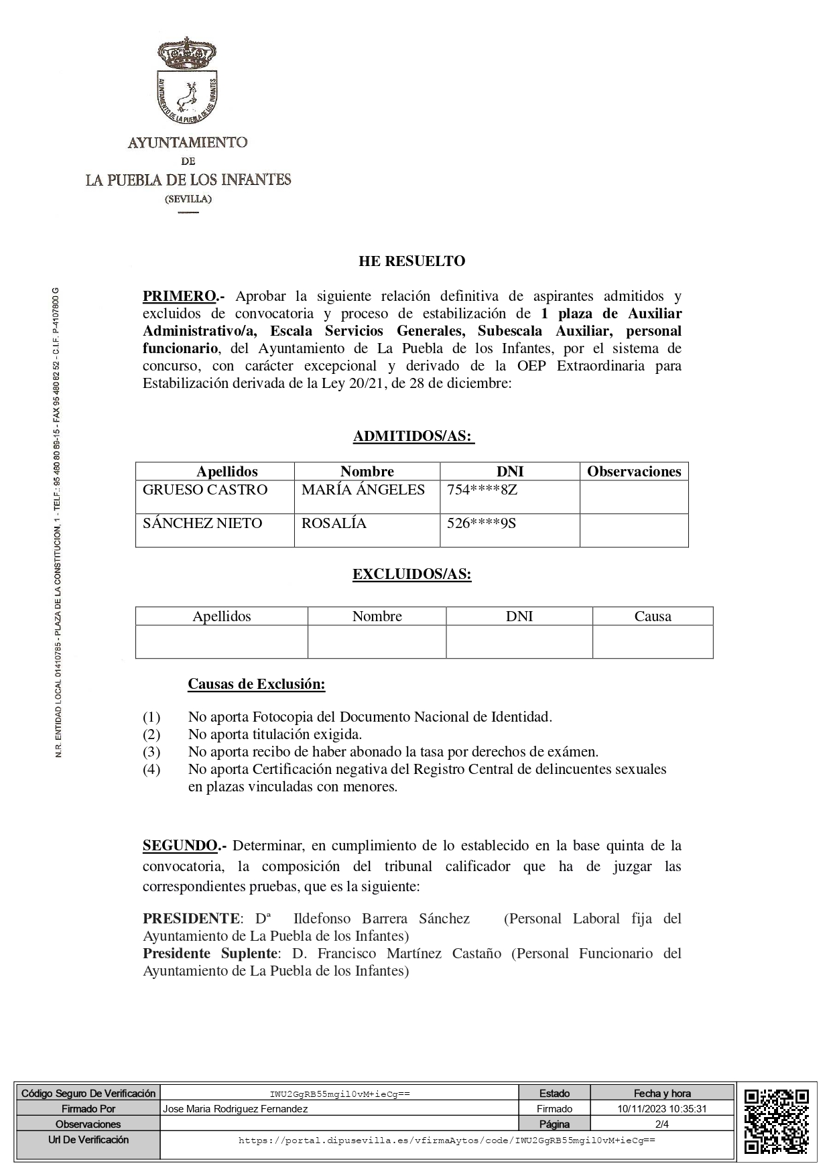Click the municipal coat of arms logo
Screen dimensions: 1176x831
188,80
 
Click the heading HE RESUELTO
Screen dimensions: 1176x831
411,261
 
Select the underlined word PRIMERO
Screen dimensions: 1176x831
179,296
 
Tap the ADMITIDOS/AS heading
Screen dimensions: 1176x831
413,437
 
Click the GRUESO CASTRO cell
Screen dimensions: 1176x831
205,490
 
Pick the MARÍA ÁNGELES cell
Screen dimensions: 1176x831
363,490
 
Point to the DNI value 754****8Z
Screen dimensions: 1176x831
483,490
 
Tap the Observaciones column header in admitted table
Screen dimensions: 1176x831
634,472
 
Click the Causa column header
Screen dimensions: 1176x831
653,616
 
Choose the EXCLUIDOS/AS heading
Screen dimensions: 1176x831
412,575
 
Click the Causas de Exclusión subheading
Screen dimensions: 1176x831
256,684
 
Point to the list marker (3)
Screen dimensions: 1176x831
151,752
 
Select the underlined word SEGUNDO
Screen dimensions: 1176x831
180,846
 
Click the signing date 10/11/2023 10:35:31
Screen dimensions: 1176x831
662,1109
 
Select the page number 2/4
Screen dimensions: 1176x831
662,1124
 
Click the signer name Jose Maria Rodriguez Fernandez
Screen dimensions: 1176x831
235,1109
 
